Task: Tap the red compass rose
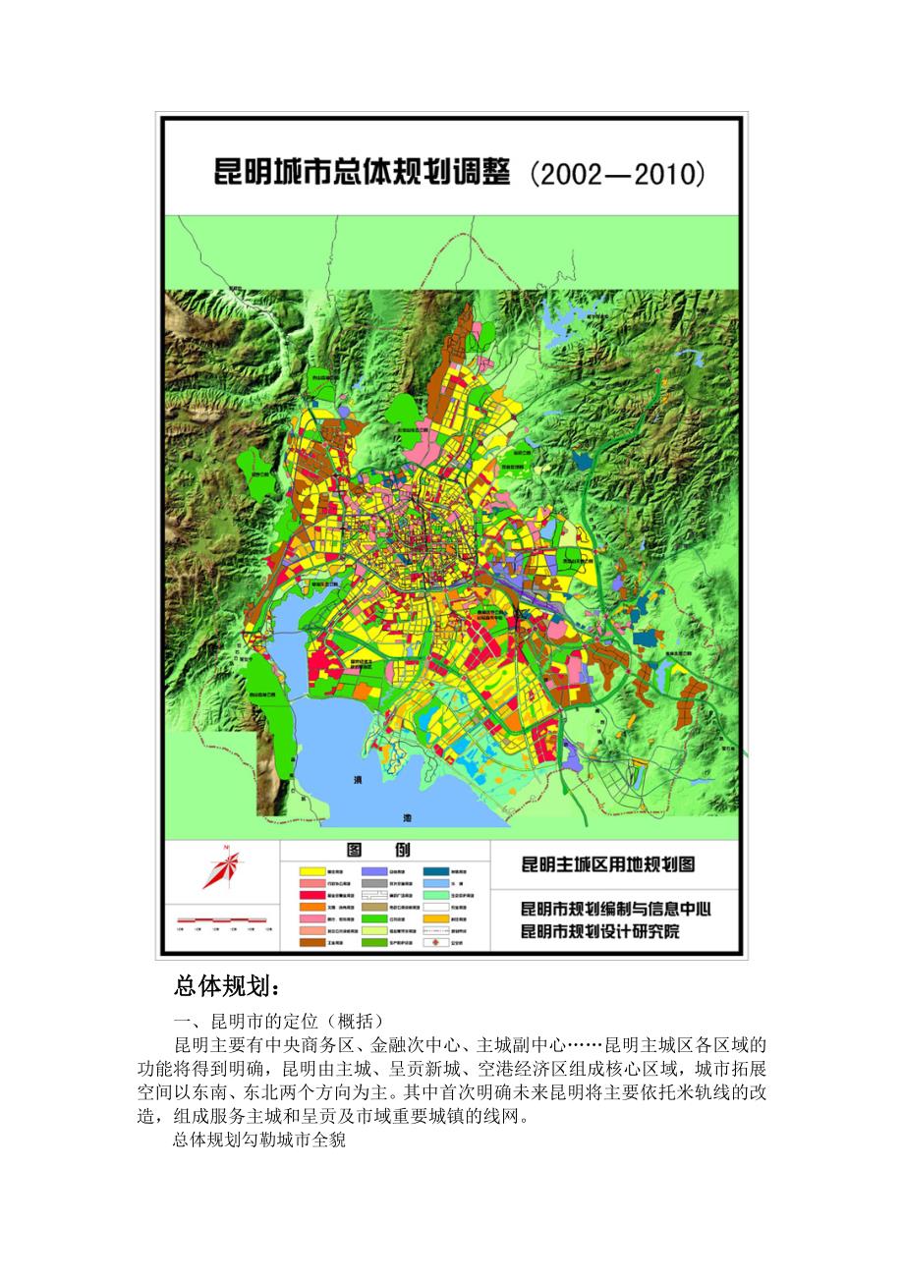click(223, 868)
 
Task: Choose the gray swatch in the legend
click(374, 882)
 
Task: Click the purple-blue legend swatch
click(374, 870)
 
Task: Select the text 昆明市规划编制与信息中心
click(615, 909)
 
